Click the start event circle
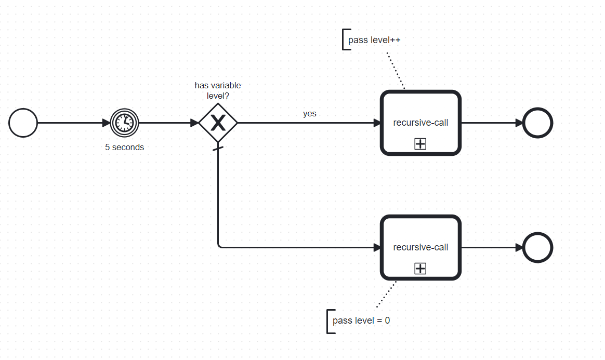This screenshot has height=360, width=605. [23, 123]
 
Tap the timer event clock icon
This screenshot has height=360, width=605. [125, 123]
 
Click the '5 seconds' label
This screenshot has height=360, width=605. [124, 147]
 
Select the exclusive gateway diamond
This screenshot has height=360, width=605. [218, 123]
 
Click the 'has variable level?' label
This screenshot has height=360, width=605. [218, 90]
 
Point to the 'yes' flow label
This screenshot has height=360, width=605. [310, 113]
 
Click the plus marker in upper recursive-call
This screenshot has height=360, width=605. [420, 144]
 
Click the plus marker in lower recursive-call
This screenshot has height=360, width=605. [420, 269]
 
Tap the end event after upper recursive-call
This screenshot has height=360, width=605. [537, 123]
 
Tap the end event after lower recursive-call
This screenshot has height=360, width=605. [537, 248]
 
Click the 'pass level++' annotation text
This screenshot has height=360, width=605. [374, 40]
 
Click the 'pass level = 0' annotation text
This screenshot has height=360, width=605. [361, 321]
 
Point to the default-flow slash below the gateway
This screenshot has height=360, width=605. [218, 150]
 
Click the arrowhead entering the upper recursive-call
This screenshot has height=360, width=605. [377, 123]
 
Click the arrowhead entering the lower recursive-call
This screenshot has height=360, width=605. [377, 248]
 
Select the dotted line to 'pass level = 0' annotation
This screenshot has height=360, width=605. [386, 294]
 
